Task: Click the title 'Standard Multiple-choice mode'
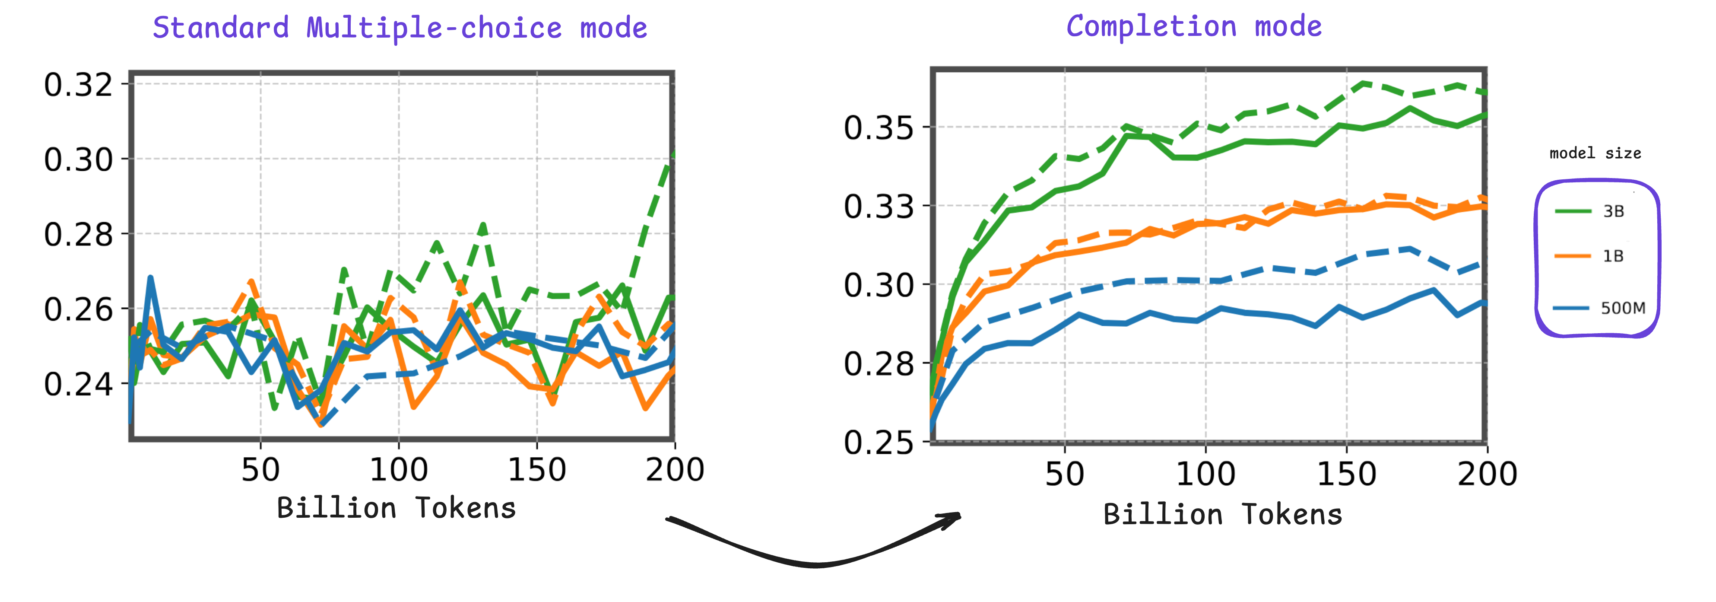coord(400,28)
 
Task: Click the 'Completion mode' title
coord(1194,27)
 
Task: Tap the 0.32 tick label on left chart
coord(78,85)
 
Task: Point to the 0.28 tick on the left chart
coord(78,235)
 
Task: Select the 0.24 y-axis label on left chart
coord(78,384)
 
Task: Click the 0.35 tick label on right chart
coord(879,127)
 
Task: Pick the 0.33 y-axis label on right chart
coord(879,207)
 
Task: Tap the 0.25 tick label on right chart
coord(879,442)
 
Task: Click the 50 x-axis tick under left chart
coord(260,470)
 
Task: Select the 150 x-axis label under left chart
coord(537,470)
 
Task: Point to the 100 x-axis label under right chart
coord(1206,474)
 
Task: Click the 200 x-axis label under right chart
coord(1487,474)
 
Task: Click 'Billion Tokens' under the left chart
coord(396,508)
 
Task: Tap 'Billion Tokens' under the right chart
coord(1222,515)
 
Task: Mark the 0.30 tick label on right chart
coord(879,285)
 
